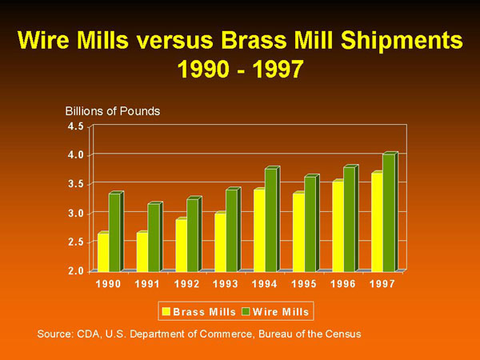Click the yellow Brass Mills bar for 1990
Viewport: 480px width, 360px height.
pyautogui.click(x=103, y=252)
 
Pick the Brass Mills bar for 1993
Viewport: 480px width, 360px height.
pyautogui.click(x=221, y=242)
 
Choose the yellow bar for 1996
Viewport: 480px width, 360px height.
pyautogui.click(x=338, y=226)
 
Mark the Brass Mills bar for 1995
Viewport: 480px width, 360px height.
pyautogui.click(x=298, y=232)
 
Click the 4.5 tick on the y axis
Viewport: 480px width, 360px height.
pyautogui.click(x=76, y=126)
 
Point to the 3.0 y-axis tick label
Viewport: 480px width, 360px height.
pyautogui.click(x=76, y=214)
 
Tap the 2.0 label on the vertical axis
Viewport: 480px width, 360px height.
pyautogui.click(x=76, y=271)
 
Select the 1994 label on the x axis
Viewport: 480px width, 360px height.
pyautogui.click(x=265, y=284)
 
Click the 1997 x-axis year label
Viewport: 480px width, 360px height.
pyautogui.click(x=382, y=284)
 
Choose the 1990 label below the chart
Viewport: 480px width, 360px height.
pyautogui.click(x=108, y=284)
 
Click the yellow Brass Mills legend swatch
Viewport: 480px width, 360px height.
pyautogui.click(x=166, y=311)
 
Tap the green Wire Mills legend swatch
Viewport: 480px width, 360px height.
pyautogui.click(x=246, y=311)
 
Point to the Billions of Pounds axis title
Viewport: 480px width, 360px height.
pyautogui.click(x=113, y=111)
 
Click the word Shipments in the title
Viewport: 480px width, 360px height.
pyautogui.click(x=402, y=41)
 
